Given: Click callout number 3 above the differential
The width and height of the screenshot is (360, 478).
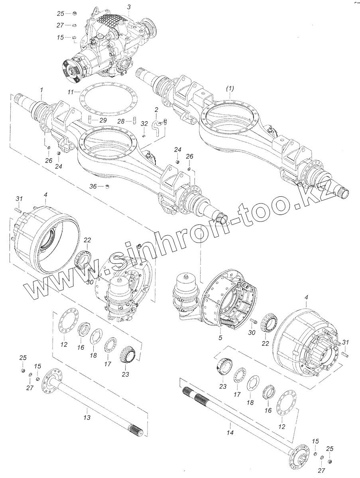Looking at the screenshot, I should pos(129,7).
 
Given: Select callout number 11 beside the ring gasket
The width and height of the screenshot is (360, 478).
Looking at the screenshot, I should pos(71,92).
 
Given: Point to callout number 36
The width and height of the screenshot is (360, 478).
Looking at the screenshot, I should pos(93,186).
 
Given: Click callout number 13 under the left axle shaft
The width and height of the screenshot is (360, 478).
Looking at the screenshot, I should pos(87,418).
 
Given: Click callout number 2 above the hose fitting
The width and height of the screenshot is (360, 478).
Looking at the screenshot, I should pos(156,109).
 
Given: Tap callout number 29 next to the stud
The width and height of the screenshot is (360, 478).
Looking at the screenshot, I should pos(103,120).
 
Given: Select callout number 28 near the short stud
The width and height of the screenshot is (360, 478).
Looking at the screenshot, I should pos(121,120).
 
